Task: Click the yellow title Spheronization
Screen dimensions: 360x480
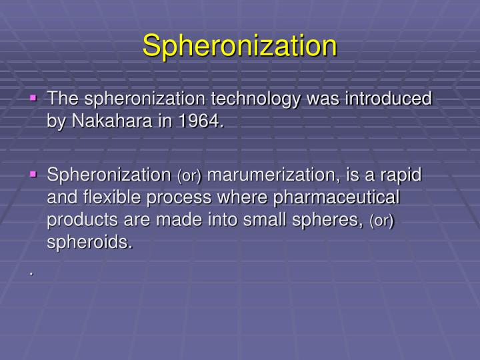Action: (240, 45)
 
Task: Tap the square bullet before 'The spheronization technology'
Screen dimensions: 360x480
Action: (33, 97)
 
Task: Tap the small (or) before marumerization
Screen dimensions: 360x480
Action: (189, 176)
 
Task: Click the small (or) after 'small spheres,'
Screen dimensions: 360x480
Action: (382, 221)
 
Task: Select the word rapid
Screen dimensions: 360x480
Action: (401, 175)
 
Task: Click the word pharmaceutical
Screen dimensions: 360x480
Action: (345, 198)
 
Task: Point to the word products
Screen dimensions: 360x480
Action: (77, 221)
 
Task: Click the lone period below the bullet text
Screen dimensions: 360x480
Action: (31, 272)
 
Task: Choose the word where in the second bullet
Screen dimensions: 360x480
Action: (261, 198)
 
